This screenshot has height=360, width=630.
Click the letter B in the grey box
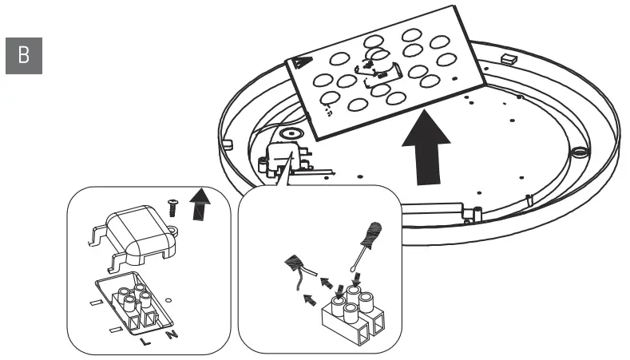(x=23, y=56)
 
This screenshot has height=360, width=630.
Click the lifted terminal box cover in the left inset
(x=135, y=231)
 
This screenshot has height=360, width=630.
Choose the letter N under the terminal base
(x=171, y=333)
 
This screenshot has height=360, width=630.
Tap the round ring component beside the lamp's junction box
(x=289, y=136)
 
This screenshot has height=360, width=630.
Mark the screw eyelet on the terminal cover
(x=172, y=231)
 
